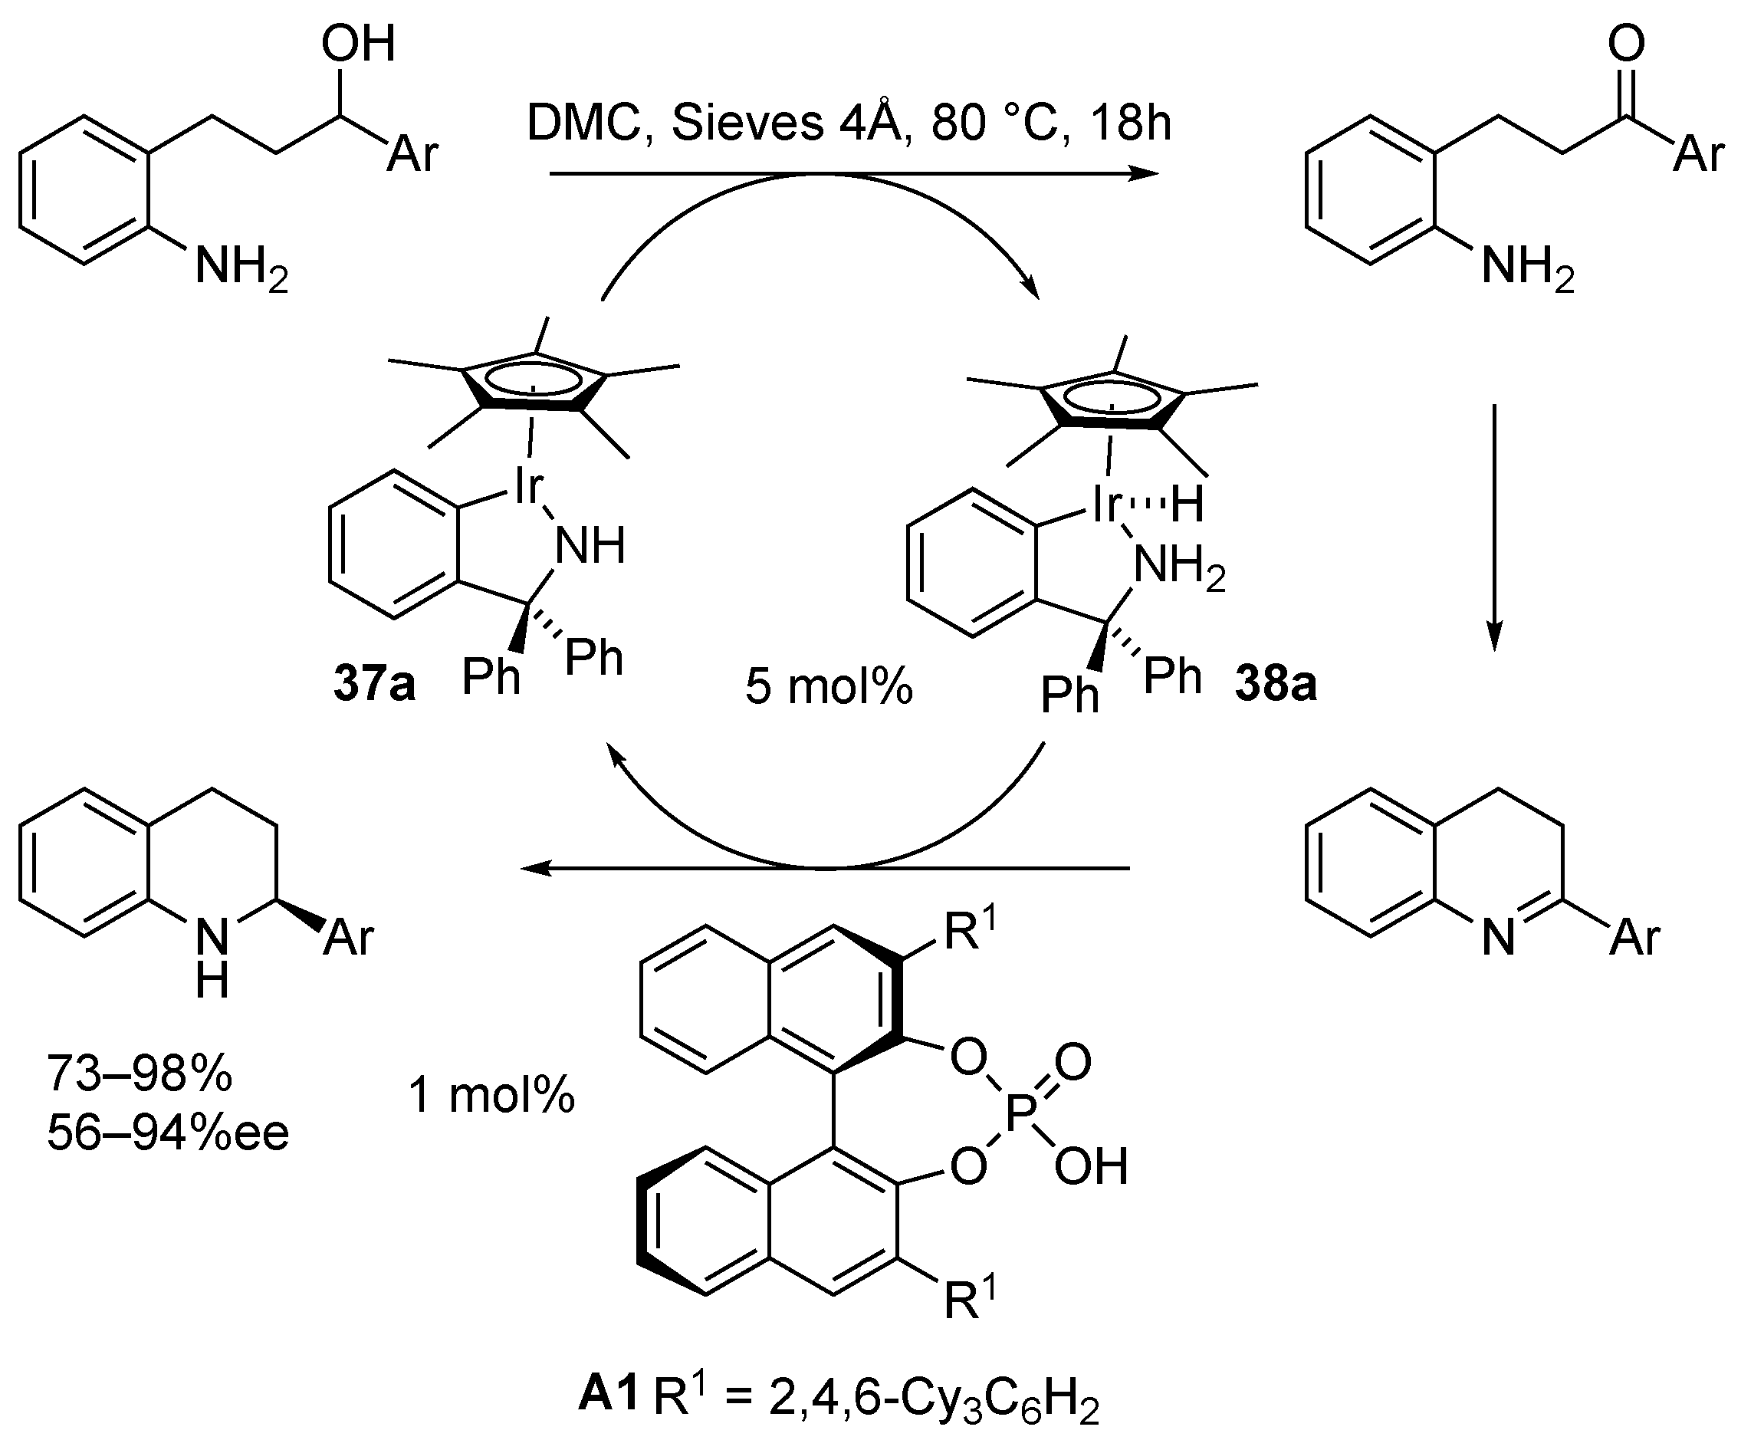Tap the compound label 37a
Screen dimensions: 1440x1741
click(374, 685)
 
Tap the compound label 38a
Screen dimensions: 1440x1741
click(1276, 685)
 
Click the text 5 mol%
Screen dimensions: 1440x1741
click(828, 687)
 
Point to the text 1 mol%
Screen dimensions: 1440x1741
click(491, 1095)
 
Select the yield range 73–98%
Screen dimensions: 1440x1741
click(140, 1073)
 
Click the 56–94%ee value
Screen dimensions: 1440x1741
click(167, 1133)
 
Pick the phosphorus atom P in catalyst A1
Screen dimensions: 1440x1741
click(1018, 1114)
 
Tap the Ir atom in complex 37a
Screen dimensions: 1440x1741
click(527, 487)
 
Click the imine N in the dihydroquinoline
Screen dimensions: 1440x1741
click(1498, 939)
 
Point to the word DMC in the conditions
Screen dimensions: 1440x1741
click(585, 123)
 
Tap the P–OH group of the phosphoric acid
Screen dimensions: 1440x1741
click(1091, 1166)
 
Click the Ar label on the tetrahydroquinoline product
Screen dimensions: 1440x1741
click(349, 939)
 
